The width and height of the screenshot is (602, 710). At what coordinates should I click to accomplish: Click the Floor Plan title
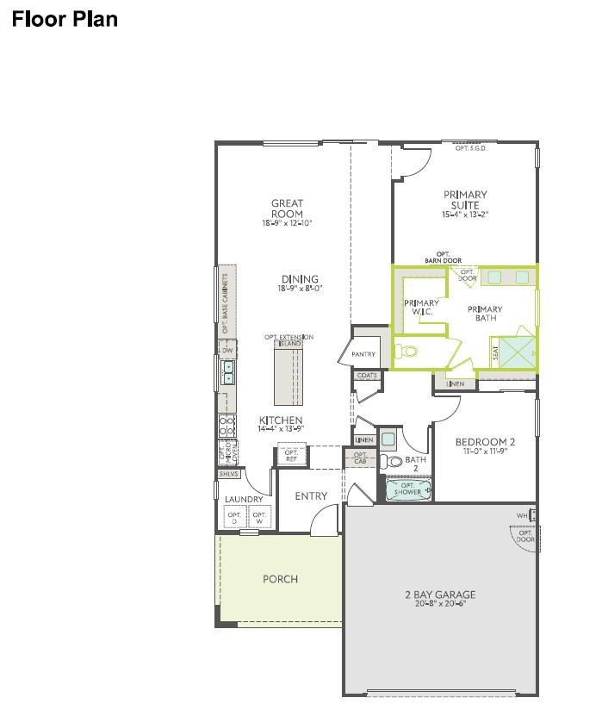pyautogui.click(x=64, y=18)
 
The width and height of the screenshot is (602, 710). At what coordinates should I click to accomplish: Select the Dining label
pyautogui.click(x=300, y=278)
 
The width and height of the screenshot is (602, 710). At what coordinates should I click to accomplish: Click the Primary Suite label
pyautogui.click(x=465, y=200)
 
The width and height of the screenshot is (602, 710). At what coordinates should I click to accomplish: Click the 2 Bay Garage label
pyautogui.click(x=440, y=595)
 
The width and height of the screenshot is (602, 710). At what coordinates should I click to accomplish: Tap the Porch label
pyautogui.click(x=280, y=579)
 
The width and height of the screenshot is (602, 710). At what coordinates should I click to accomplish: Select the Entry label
pyautogui.click(x=311, y=495)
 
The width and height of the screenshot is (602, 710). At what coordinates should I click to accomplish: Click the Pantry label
pyautogui.click(x=363, y=354)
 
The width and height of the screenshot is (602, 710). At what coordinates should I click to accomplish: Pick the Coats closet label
pyautogui.click(x=367, y=376)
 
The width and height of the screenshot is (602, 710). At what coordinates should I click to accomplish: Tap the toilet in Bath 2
pyautogui.click(x=394, y=462)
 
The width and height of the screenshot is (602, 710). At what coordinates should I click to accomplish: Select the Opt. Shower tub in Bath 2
pyautogui.click(x=404, y=490)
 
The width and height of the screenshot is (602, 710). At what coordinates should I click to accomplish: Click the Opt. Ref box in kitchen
pyautogui.click(x=291, y=455)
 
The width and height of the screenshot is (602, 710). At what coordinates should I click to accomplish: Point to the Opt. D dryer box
pyautogui.click(x=233, y=519)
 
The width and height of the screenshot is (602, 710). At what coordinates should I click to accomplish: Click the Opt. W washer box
pyautogui.click(x=259, y=519)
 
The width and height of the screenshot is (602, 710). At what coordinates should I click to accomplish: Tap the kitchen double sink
pyautogui.click(x=229, y=372)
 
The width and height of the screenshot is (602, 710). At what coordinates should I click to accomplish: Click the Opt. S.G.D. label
pyautogui.click(x=471, y=148)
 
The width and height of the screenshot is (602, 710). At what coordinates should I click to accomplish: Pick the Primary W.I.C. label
pyautogui.click(x=422, y=307)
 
